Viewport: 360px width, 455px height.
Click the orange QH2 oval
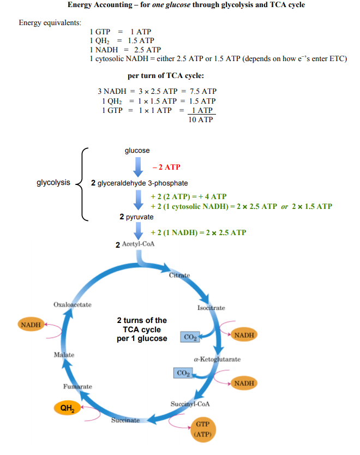tap(67, 408)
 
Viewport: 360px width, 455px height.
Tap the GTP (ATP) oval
tap(202, 429)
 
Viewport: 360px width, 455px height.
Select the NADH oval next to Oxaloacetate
tap(31, 325)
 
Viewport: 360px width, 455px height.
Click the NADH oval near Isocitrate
tap(243, 334)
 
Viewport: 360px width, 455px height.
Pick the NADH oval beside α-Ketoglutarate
tap(244, 383)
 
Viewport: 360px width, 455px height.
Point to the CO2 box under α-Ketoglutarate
tap(184, 374)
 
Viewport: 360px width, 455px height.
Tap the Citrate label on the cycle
tap(179, 275)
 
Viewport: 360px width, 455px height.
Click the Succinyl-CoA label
tap(190, 404)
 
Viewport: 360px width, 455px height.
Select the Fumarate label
tap(77, 387)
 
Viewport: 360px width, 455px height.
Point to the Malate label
tap(64, 355)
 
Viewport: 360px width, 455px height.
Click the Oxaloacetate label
tap(73, 304)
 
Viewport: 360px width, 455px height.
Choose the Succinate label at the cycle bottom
tap(125, 421)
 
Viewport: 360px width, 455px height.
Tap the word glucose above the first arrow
tap(137, 151)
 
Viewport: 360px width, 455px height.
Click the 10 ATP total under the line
tap(201, 119)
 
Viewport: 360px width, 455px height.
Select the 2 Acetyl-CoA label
tap(135, 244)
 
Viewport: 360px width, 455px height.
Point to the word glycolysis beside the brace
tap(53, 183)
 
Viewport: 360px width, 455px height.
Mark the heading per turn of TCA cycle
tap(166, 76)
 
